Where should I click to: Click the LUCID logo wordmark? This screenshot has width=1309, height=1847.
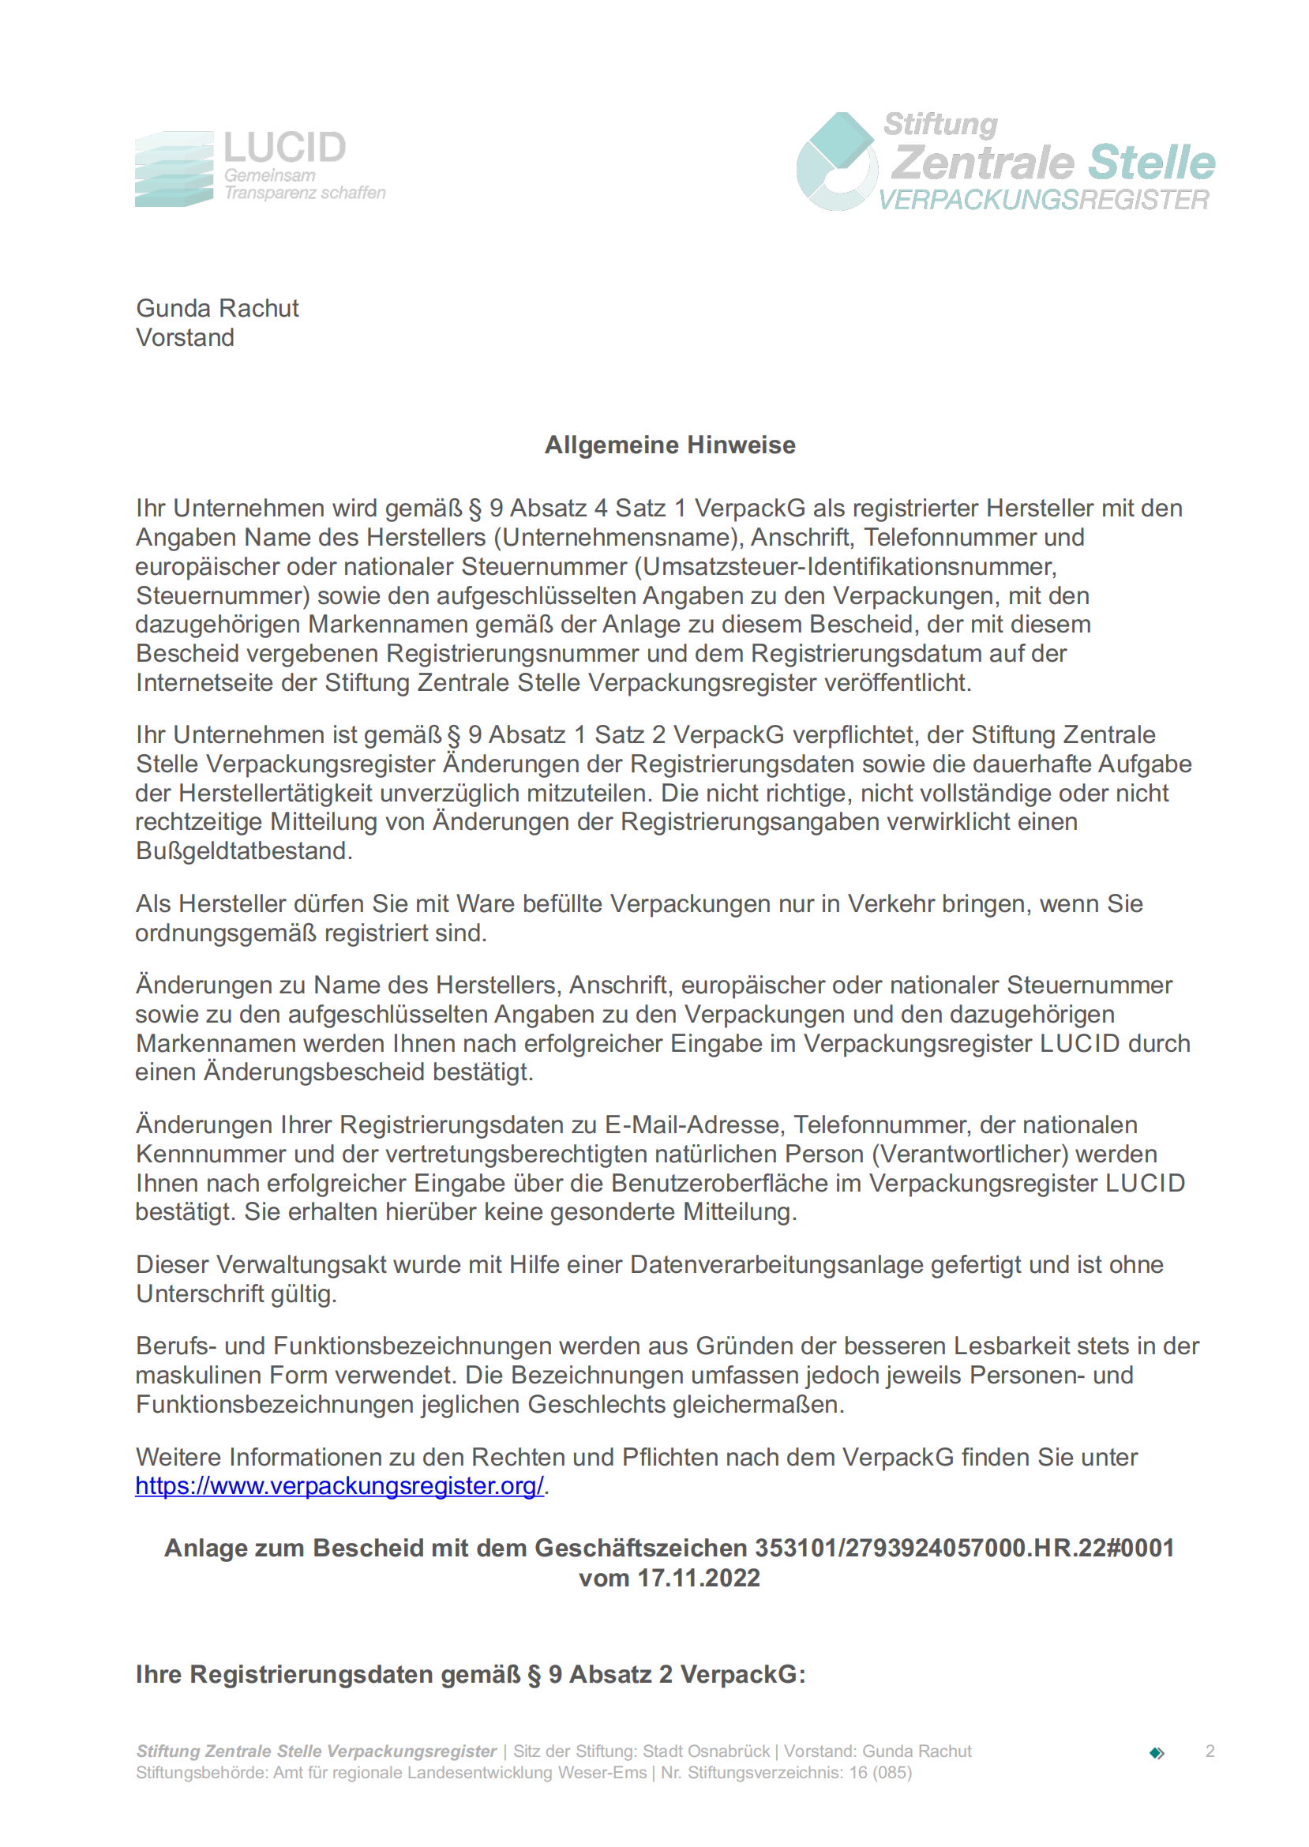284,148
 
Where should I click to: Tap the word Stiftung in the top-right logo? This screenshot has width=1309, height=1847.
940,124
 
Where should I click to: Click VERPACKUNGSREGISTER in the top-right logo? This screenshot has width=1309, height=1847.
1043,200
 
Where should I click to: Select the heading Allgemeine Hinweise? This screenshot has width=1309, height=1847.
670,445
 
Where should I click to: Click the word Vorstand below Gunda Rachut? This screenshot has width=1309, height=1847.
186,338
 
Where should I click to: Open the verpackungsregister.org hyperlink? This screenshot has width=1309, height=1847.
339,1486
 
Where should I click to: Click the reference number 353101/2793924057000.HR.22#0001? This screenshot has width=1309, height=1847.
964,1548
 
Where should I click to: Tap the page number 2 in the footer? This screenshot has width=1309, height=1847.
1210,1751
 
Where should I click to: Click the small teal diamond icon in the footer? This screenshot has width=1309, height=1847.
1157,1753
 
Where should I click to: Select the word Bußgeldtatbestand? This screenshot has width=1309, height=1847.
243,851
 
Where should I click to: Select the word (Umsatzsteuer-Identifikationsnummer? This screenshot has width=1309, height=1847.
846,567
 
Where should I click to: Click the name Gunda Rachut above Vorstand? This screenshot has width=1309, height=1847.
218,308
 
